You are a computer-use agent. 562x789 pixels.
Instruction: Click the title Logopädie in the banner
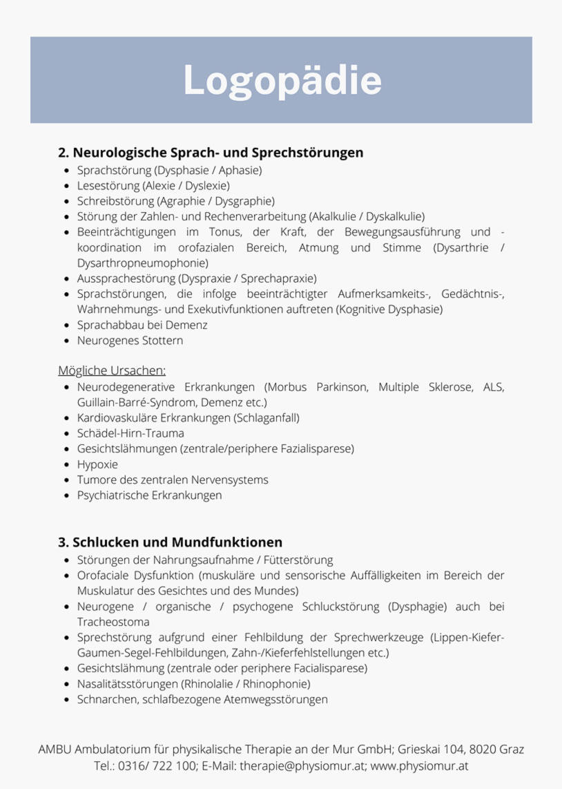coord(282,81)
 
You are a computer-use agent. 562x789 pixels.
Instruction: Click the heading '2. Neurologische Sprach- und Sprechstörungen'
coord(211,152)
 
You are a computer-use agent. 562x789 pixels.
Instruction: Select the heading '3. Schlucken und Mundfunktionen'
coord(171,542)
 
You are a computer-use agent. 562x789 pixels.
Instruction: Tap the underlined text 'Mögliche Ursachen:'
coord(112,371)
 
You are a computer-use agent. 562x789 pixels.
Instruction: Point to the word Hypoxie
coord(97,464)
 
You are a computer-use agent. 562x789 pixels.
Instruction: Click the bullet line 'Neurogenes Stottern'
coord(130,341)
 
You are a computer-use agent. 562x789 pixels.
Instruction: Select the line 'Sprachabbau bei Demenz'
coord(142,325)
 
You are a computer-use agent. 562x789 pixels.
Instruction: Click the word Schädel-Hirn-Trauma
coord(130,433)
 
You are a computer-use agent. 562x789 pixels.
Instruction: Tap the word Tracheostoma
coord(113,622)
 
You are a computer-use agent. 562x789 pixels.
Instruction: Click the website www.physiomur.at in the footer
coord(420,766)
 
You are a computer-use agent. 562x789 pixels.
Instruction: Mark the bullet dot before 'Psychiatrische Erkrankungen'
coord(66,495)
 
